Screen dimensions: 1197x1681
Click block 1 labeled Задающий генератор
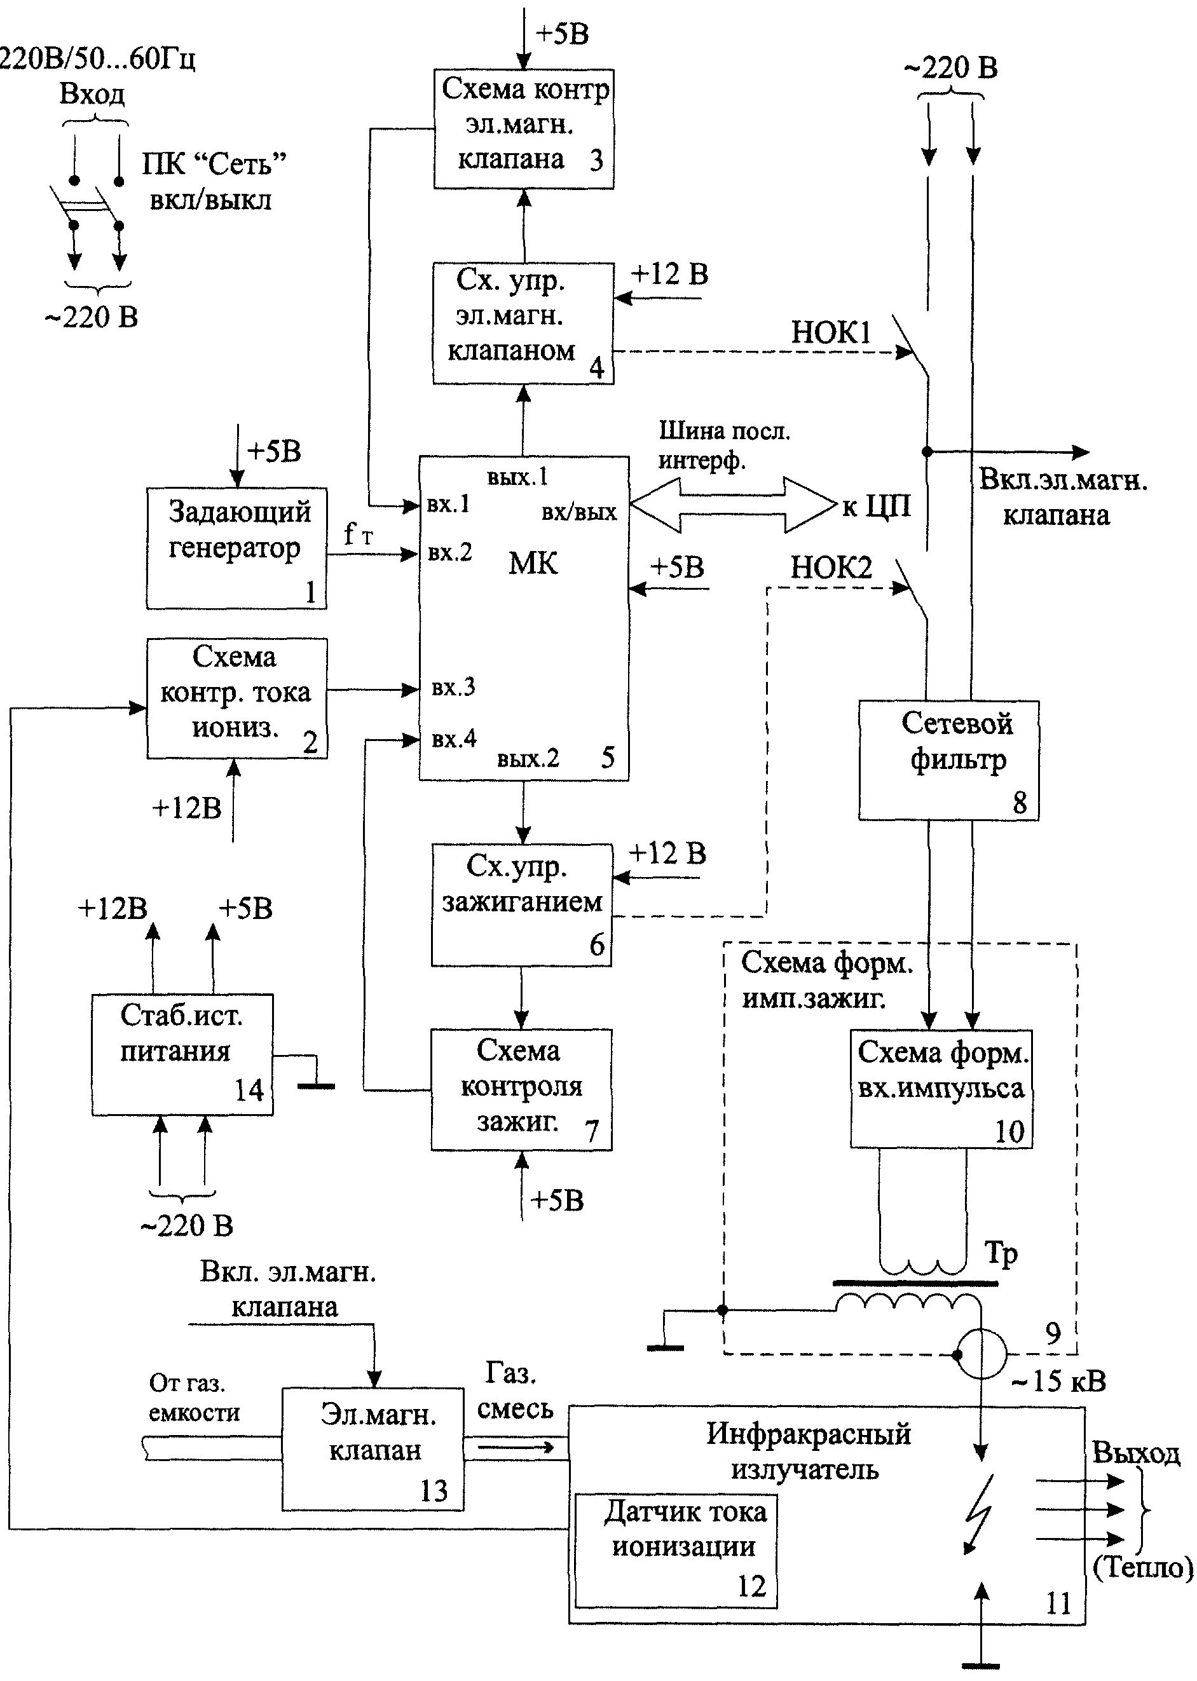click(x=236, y=548)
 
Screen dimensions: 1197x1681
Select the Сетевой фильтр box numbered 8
click(x=948, y=760)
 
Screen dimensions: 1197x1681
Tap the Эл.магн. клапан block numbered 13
click(x=373, y=1449)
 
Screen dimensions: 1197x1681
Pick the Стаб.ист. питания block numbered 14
click(x=182, y=1054)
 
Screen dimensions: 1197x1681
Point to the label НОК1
click(x=831, y=332)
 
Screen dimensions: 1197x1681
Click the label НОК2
click(x=831, y=568)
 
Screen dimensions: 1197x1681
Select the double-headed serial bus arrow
click(x=734, y=505)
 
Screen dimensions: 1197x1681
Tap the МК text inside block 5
click(x=533, y=563)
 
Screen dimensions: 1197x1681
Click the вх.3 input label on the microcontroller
click(x=453, y=688)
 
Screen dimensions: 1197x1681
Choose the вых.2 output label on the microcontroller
click(x=528, y=758)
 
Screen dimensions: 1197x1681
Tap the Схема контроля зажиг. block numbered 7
click(x=521, y=1089)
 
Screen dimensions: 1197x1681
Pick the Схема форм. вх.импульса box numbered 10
click(x=941, y=1089)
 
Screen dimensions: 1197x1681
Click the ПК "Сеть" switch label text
click(x=214, y=163)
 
